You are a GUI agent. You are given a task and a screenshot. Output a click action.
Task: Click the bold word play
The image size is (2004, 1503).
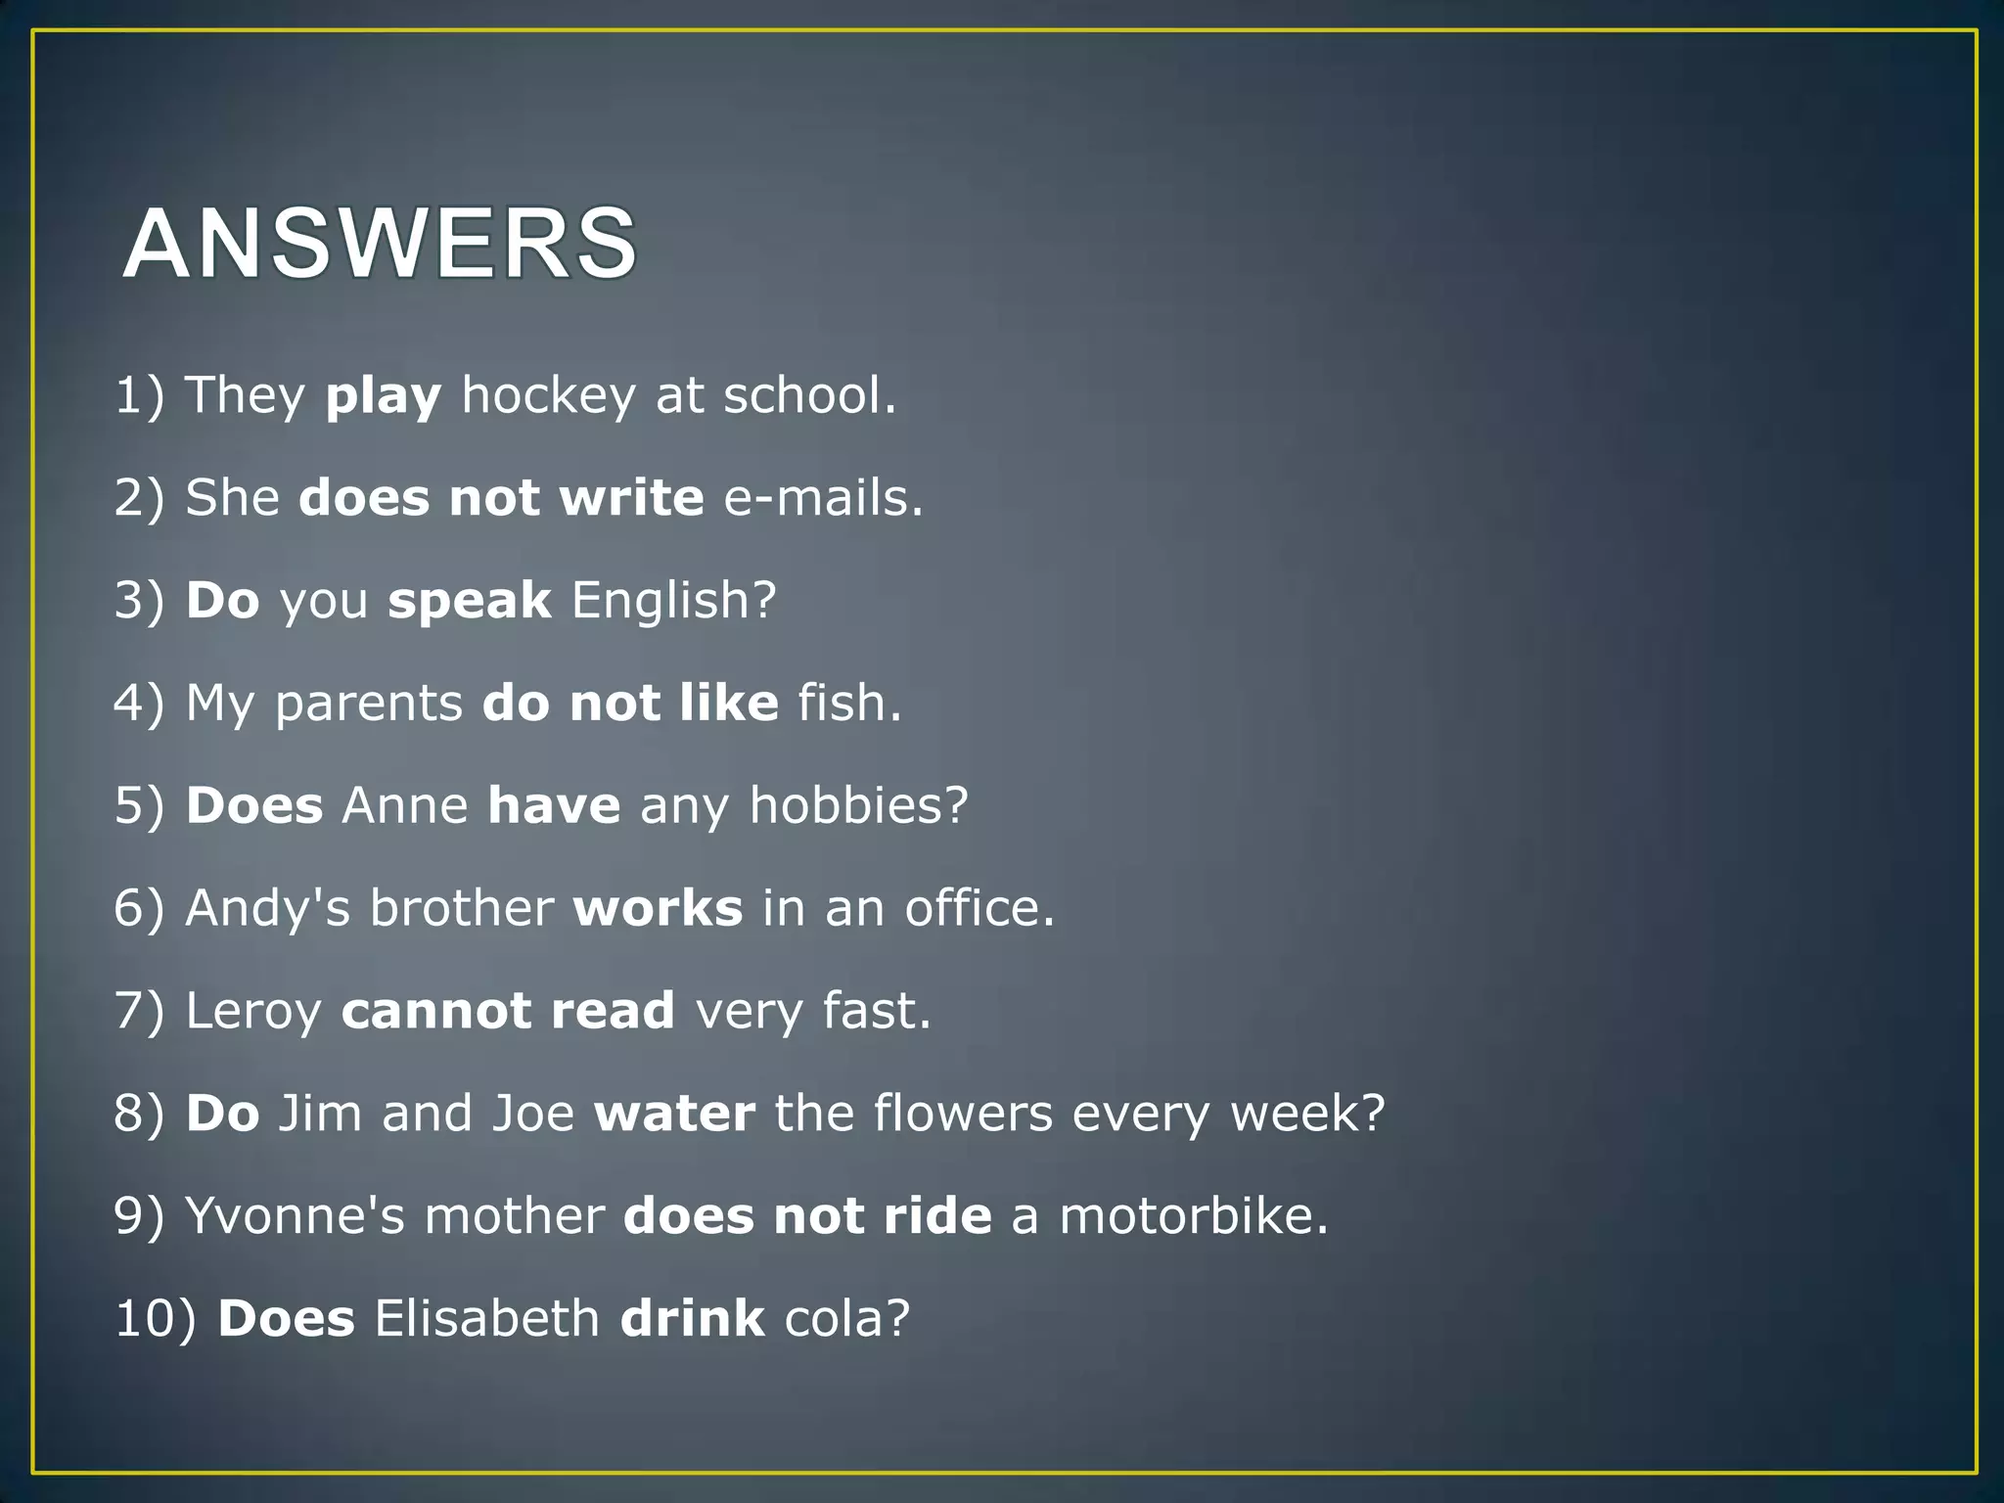pyautogui.click(x=384, y=396)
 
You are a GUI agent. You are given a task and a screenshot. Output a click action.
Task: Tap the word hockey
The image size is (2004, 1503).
pyautogui.click(x=548, y=395)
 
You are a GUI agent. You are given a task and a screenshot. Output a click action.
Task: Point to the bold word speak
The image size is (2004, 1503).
pyautogui.click(x=470, y=601)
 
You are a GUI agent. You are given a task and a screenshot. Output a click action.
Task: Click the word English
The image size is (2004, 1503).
pyautogui.click(x=673, y=601)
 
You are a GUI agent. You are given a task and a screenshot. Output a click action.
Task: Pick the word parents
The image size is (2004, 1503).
pyautogui.click(x=369, y=705)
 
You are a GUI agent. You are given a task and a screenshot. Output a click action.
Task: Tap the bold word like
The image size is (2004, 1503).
pyautogui.click(x=729, y=703)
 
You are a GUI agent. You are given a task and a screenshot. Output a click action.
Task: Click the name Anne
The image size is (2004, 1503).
pyautogui.click(x=405, y=805)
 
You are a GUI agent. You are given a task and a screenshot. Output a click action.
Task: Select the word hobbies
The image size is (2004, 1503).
pyautogui.click(x=858, y=805)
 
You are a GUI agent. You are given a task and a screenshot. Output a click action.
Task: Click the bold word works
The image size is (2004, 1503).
pyautogui.click(x=658, y=908)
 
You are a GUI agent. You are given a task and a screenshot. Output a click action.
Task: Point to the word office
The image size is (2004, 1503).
pyautogui.click(x=979, y=908)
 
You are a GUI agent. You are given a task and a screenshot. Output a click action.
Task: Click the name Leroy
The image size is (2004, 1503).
pyautogui.click(x=253, y=1011)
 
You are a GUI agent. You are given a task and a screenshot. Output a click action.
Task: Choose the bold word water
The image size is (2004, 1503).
pyautogui.click(x=675, y=1114)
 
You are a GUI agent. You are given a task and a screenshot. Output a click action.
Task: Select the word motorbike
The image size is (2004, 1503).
pyautogui.click(x=1194, y=1216)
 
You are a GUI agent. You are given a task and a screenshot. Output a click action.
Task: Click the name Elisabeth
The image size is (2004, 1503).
pyautogui.click(x=487, y=1318)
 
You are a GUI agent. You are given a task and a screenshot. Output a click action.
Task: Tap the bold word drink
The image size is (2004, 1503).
pyautogui.click(x=693, y=1318)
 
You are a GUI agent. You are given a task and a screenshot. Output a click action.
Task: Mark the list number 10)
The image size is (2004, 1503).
pyautogui.click(x=156, y=1318)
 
